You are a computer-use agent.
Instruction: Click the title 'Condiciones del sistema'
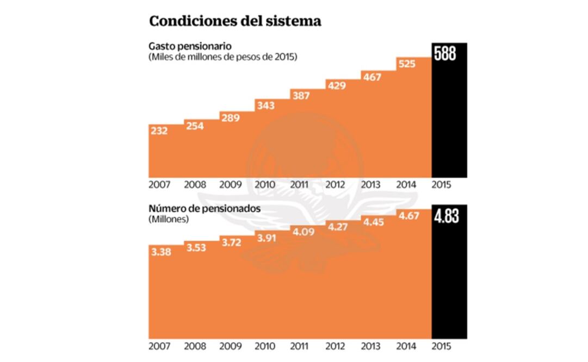pos(235,21)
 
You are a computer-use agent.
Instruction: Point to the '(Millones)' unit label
pos(168,220)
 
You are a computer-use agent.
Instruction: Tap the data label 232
pos(159,131)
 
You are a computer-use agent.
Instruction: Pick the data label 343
pos(266,105)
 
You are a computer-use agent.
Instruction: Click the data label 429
pos(337,85)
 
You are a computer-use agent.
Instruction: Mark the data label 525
pos(407,64)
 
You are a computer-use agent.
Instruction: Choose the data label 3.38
pos(160,252)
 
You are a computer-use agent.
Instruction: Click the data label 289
pos(231,118)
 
